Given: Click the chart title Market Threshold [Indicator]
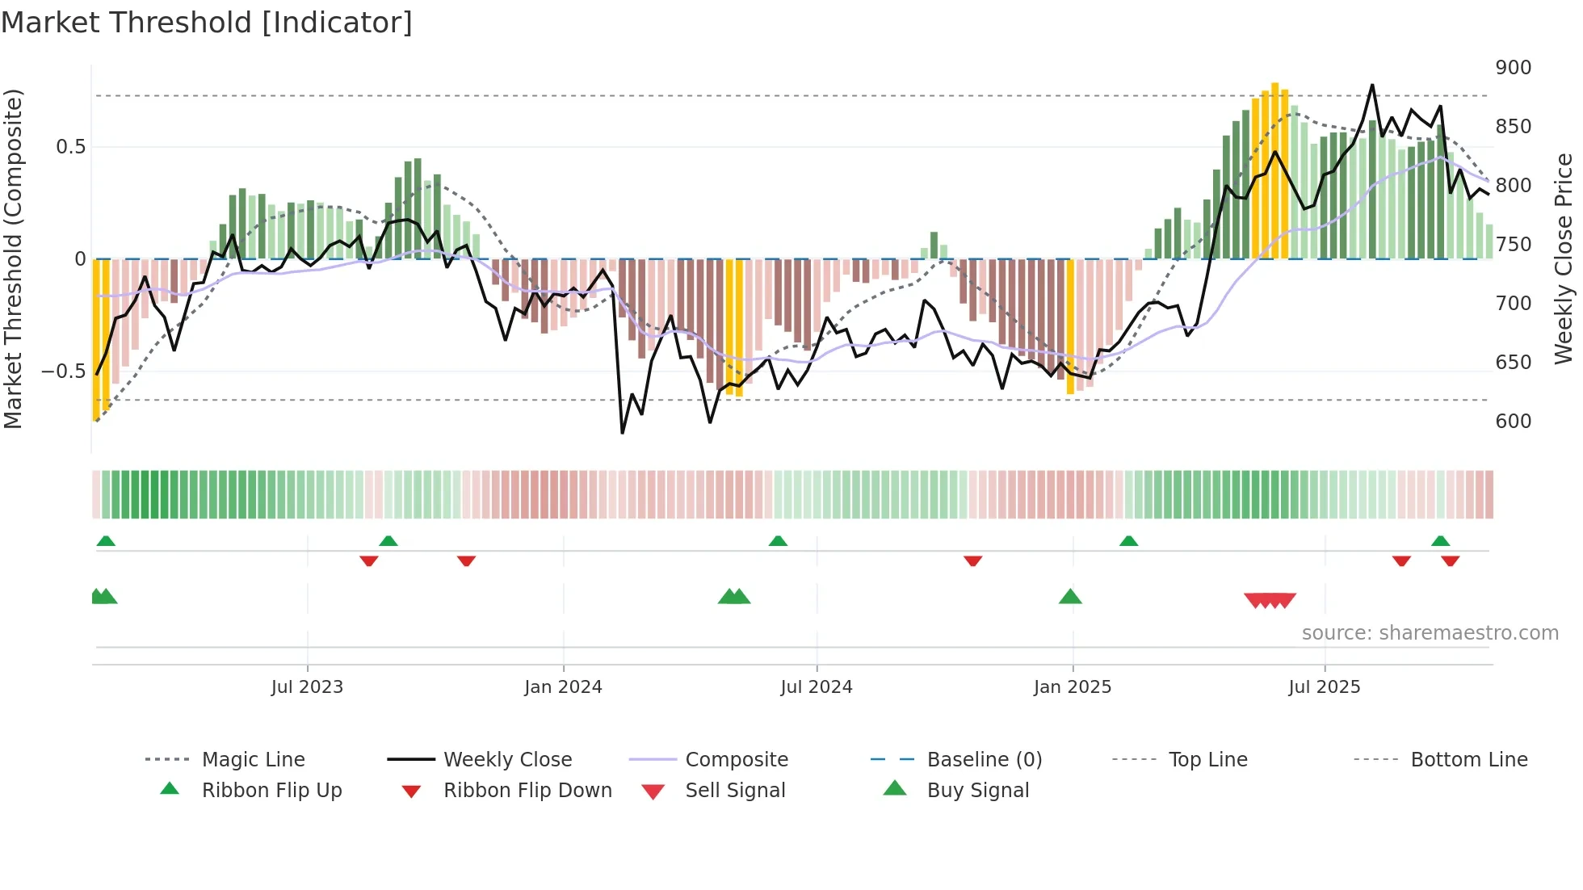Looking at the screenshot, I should click(207, 23).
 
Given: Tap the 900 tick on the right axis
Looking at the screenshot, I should click(1513, 68).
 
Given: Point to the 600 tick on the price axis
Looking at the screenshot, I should click(1513, 422).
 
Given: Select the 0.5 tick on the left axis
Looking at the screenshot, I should click(71, 147).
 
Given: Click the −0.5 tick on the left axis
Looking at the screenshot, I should click(64, 372).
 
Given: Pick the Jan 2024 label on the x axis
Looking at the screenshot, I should click(563, 687).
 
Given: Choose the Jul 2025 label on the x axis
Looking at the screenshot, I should click(1324, 687).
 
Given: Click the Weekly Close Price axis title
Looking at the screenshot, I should click(1564, 258).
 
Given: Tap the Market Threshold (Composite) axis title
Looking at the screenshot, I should click(13, 258).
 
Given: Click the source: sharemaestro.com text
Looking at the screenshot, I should click(1430, 633).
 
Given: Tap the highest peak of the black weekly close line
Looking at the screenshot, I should click(1371, 85).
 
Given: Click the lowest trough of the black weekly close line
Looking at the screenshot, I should click(622, 433).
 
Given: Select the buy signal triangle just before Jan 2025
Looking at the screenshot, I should click(1070, 597).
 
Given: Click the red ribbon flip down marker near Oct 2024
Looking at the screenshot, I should click(972, 560).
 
